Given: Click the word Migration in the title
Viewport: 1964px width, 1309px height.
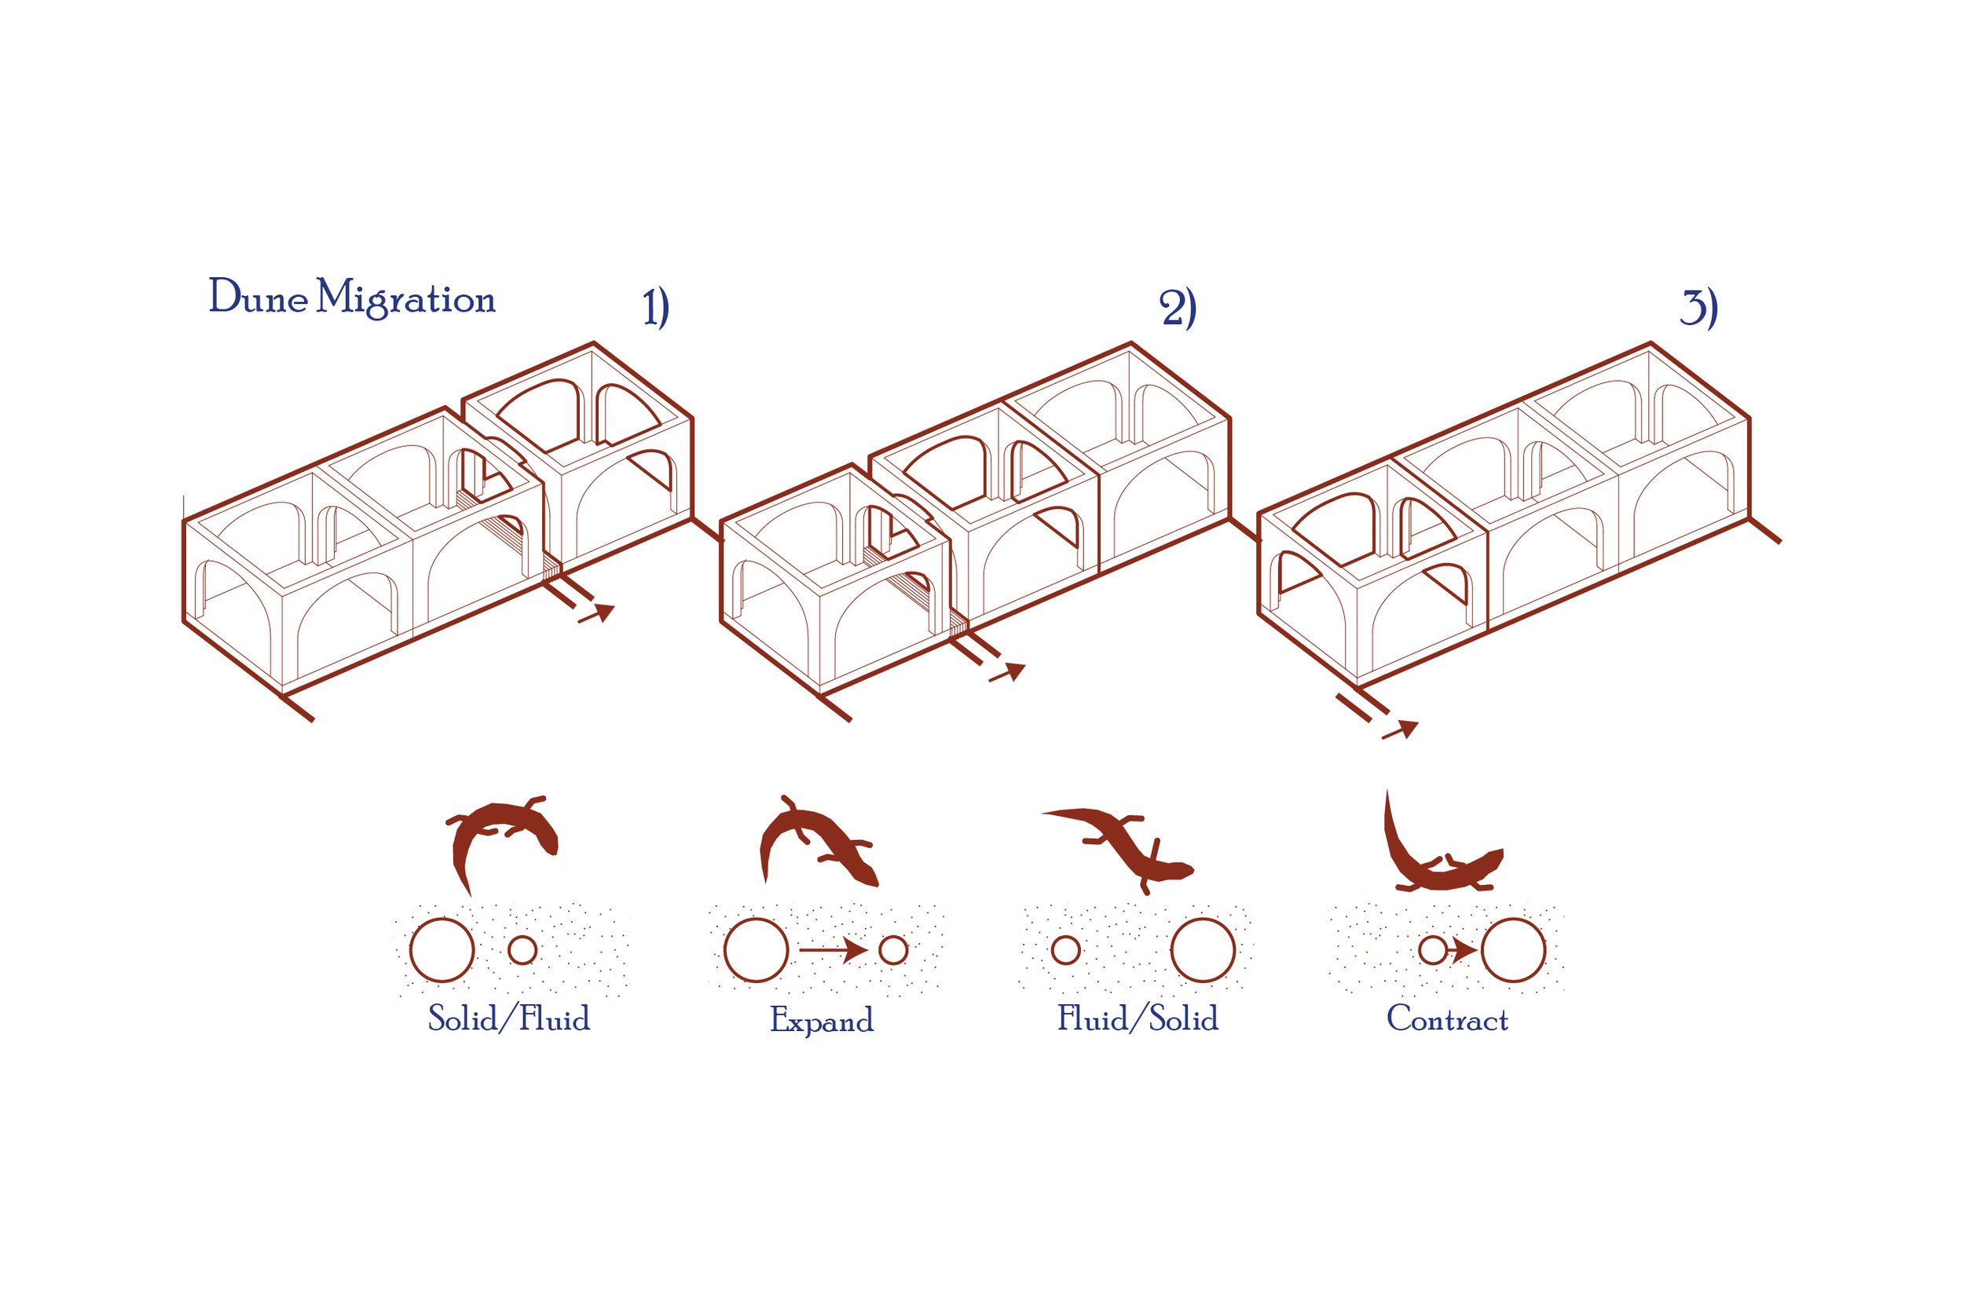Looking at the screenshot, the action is (x=406, y=299).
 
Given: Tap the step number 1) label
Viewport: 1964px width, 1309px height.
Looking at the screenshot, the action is (x=655, y=307).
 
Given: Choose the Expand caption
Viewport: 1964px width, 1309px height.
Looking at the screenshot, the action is (x=822, y=1020).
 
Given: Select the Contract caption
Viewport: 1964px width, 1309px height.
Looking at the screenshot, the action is (x=1447, y=1019).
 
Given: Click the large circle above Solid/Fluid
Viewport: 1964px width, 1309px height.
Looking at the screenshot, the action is (x=442, y=950).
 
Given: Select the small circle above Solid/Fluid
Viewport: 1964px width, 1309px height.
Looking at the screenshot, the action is (x=522, y=950).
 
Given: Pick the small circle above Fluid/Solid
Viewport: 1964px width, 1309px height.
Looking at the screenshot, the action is (x=1065, y=950).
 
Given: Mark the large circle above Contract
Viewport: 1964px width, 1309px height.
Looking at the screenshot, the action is (x=1513, y=950).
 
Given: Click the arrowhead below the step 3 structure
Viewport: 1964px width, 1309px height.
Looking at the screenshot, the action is (x=1407, y=728).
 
